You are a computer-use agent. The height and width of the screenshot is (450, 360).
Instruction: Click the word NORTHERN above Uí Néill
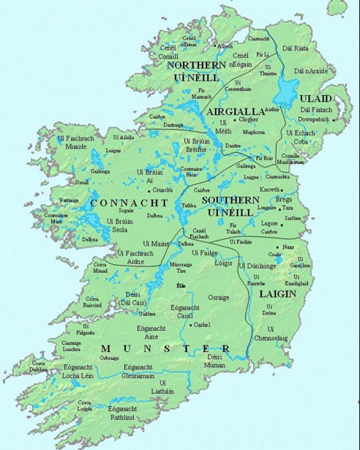pyautogui.click(x=195, y=65)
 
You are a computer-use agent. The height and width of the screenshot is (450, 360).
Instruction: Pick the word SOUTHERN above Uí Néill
pyautogui.click(x=226, y=200)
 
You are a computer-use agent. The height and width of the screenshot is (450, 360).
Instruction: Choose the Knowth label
pyautogui.click(x=271, y=190)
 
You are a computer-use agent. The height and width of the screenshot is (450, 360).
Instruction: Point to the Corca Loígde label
pyautogui.click(x=85, y=406)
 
